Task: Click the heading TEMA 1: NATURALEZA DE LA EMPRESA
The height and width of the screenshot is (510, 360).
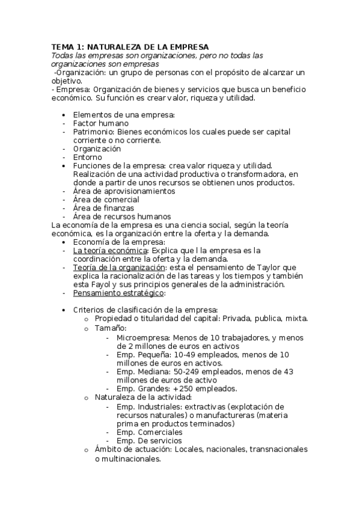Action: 130,46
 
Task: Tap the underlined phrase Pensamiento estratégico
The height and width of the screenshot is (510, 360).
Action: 118,293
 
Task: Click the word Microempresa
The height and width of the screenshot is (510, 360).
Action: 142,337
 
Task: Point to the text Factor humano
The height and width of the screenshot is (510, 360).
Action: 100,123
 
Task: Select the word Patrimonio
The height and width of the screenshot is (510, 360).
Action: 94,131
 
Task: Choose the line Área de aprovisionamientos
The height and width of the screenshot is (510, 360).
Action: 124,191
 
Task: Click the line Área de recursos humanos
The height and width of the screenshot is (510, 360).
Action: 121,217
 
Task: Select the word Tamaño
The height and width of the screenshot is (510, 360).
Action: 110,328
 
